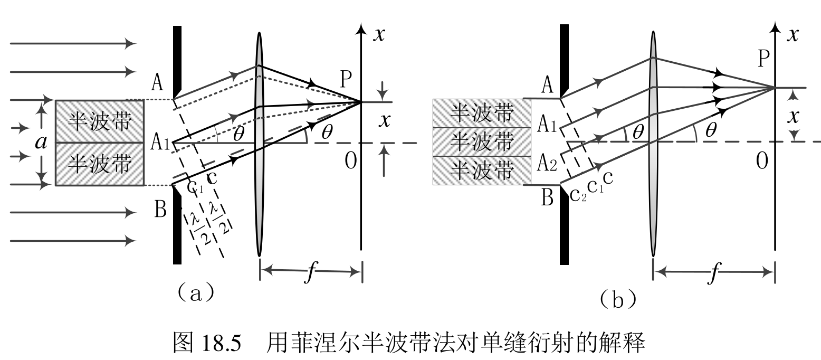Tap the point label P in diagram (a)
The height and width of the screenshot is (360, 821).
(x=346, y=79)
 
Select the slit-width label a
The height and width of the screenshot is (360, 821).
(x=41, y=142)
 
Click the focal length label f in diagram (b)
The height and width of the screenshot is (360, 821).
(x=714, y=273)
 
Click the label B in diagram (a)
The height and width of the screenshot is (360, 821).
(x=160, y=210)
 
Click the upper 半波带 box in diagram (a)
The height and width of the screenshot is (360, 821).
(x=99, y=121)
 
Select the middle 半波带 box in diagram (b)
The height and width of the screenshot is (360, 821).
(x=481, y=142)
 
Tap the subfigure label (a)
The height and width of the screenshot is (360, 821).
(x=196, y=291)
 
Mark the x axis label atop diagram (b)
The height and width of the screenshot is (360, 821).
(x=792, y=34)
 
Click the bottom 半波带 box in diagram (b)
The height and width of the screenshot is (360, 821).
(x=481, y=170)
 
